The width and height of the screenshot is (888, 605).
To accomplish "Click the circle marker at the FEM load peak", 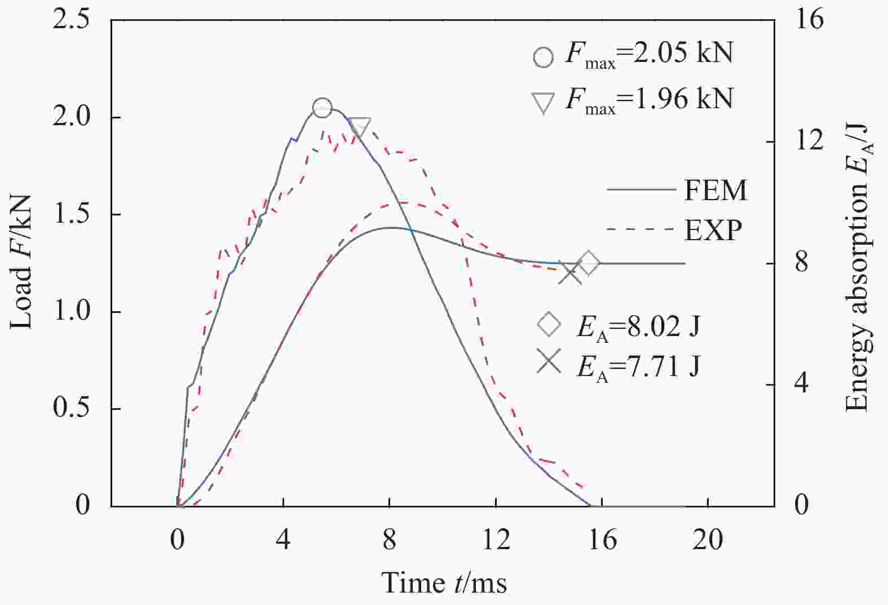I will click(x=322, y=108).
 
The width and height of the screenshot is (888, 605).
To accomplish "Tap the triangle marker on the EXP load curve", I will click(x=359, y=127).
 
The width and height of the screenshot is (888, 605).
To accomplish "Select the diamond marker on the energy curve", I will click(x=589, y=263).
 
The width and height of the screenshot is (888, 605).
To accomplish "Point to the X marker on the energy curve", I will click(x=571, y=275).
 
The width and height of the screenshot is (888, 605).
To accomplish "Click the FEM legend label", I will click(x=715, y=191).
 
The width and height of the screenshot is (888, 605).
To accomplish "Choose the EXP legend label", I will click(x=713, y=230).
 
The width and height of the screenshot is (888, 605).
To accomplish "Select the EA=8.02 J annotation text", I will click(x=638, y=327).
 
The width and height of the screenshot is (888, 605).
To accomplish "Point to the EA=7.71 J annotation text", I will click(x=638, y=367).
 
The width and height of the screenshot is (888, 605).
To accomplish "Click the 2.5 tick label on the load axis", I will click(x=70, y=20).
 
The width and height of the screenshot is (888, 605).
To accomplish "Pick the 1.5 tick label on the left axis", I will click(x=70, y=215).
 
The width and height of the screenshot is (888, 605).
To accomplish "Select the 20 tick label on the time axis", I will click(x=708, y=540).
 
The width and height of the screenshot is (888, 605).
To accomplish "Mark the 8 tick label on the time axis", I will click(x=390, y=540).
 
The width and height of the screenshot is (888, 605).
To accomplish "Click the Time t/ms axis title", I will click(x=444, y=582).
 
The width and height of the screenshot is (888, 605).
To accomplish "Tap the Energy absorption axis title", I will click(x=858, y=268).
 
